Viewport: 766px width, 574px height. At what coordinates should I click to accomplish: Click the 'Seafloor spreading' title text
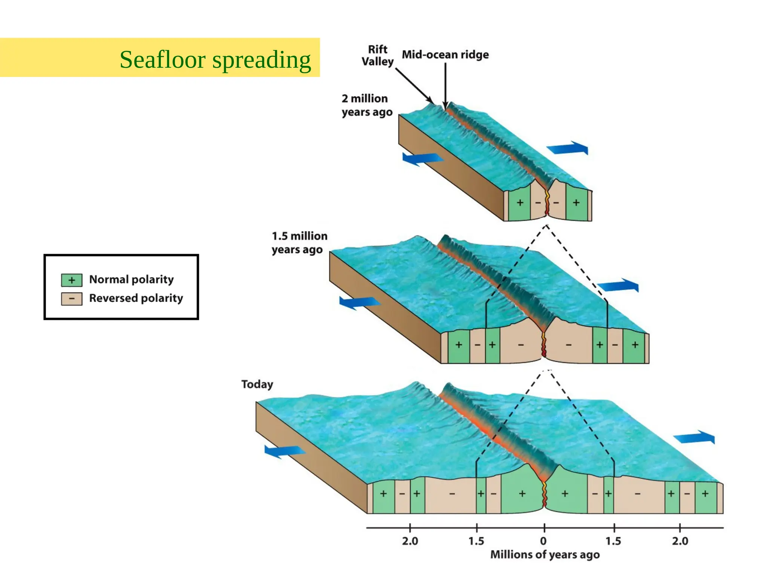tap(215, 60)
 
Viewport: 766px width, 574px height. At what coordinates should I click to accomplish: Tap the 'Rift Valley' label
tap(377, 55)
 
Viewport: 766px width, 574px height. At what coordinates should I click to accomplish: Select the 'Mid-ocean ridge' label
tap(445, 55)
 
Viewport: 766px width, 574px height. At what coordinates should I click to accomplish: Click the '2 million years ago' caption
tap(367, 105)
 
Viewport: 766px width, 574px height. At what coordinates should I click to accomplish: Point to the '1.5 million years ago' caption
tap(299, 243)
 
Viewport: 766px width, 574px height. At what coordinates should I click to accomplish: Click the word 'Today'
tap(257, 384)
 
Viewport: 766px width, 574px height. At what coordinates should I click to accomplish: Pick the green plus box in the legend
tap(71, 280)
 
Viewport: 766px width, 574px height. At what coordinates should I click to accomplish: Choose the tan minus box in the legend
tap(71, 299)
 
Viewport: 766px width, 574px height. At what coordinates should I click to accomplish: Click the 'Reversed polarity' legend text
tap(136, 298)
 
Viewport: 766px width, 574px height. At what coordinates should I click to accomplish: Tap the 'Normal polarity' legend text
tap(131, 280)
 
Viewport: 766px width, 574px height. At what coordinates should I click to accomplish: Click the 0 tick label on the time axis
tap(543, 541)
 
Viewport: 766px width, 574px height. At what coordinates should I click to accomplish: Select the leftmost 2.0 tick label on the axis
tap(410, 541)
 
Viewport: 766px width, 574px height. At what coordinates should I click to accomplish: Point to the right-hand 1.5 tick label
tap(613, 541)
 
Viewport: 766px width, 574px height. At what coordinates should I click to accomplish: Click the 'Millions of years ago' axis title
tap(545, 555)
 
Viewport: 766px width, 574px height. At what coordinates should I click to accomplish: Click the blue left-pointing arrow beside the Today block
tap(284, 451)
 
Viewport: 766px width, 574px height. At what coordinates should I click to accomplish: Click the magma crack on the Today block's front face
tap(544, 495)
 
